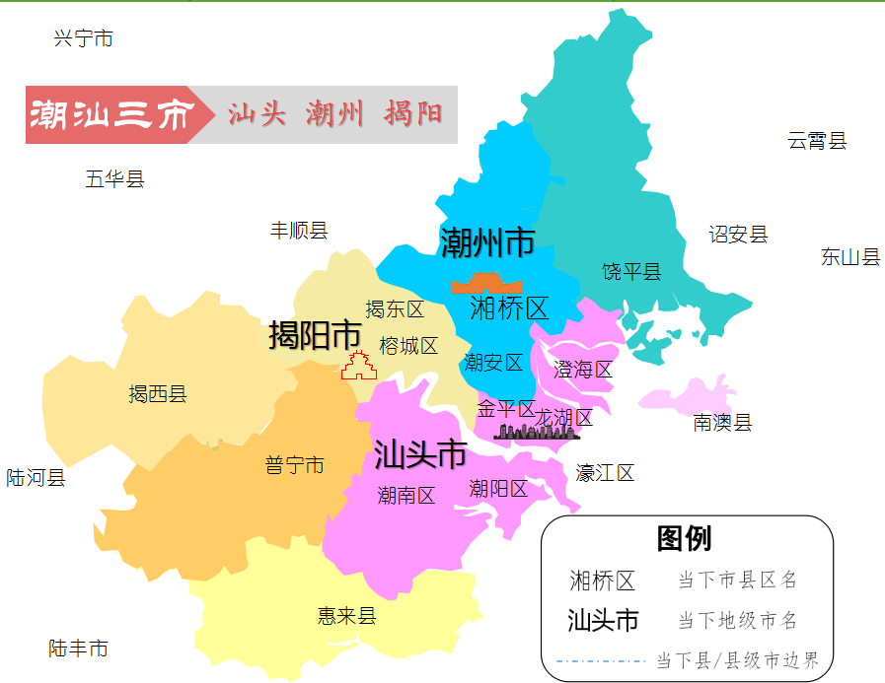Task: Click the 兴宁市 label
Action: click(83, 38)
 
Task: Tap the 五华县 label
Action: click(114, 179)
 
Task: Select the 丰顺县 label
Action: click(299, 231)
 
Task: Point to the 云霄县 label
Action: click(817, 140)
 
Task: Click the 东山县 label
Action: click(850, 257)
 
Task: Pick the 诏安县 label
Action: click(738, 235)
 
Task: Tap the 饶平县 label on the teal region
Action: click(631, 272)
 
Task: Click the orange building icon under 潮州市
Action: click(486, 283)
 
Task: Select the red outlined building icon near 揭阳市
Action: click(360, 366)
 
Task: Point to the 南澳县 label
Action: click(722, 423)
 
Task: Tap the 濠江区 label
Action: click(605, 473)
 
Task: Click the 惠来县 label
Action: click(347, 616)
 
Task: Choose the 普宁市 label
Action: click(294, 465)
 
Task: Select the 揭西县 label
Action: click(158, 394)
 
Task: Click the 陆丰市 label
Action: click(78, 649)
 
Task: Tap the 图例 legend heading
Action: click(684, 538)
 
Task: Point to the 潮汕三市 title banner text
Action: click(109, 115)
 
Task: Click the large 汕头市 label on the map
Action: click(420, 454)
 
